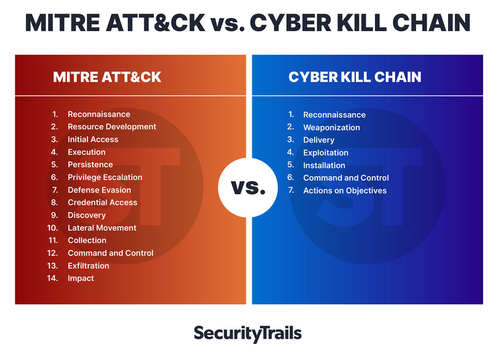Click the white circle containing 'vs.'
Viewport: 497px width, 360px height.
(248, 188)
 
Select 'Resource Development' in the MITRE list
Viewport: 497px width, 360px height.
(112, 127)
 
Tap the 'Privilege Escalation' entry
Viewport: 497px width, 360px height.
(105, 177)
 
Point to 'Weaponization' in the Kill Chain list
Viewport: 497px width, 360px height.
(331, 127)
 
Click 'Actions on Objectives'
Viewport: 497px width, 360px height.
(345, 191)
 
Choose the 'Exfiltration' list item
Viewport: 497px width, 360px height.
(88, 266)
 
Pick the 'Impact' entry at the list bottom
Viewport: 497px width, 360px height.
(81, 278)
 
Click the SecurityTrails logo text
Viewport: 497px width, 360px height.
(248, 333)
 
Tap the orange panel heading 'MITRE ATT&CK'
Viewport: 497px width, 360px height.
(107, 77)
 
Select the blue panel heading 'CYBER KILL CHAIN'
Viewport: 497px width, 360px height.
(355, 77)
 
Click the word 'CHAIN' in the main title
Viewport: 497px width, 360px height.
(431, 23)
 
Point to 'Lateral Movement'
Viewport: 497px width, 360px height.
(102, 228)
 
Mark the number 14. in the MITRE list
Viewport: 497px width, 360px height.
(52, 278)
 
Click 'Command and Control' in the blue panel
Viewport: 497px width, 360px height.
(346, 178)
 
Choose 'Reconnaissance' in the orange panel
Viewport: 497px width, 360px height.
(99, 114)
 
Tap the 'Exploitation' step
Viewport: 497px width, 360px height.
(325, 153)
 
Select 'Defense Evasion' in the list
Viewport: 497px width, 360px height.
(99, 190)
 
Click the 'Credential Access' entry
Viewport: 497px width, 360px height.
(102, 203)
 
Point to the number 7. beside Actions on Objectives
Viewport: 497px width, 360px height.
(291, 190)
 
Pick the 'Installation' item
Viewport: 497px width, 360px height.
(324, 166)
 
